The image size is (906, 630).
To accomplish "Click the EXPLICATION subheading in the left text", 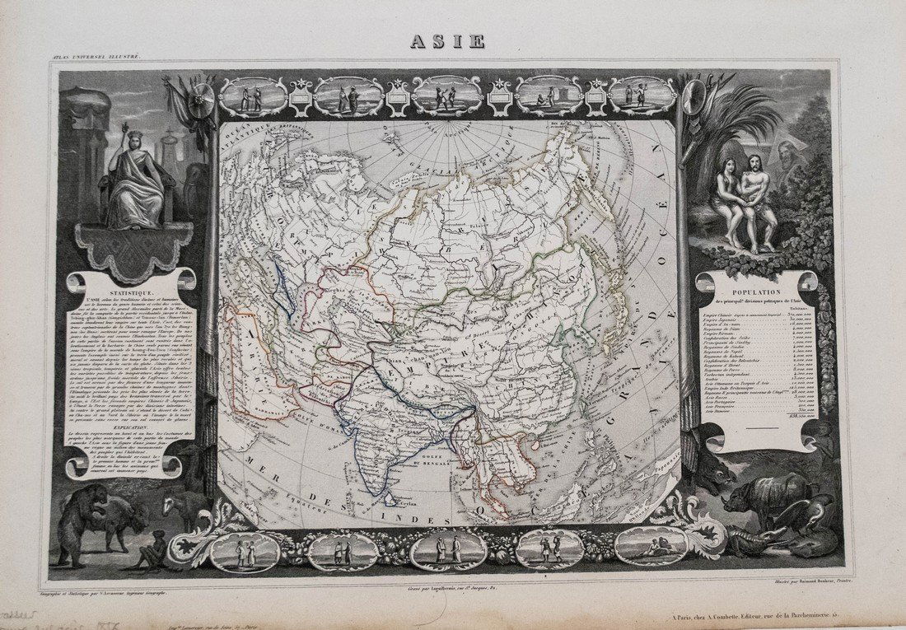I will click(132, 429).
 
